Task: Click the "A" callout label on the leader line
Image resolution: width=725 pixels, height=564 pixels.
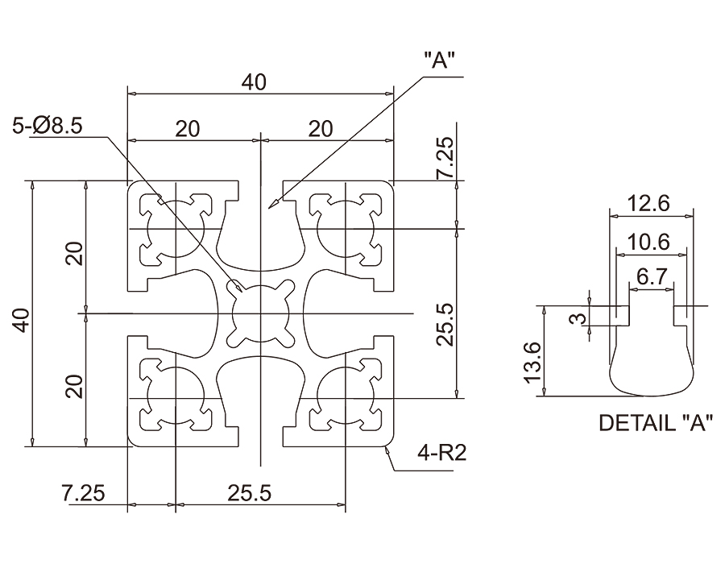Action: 440,61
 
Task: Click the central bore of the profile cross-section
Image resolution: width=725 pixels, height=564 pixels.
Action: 260,313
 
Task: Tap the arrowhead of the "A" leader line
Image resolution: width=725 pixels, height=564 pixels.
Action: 274,206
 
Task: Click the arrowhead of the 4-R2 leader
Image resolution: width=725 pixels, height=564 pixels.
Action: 387,448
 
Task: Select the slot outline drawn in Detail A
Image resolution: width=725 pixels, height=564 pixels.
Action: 651,367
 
